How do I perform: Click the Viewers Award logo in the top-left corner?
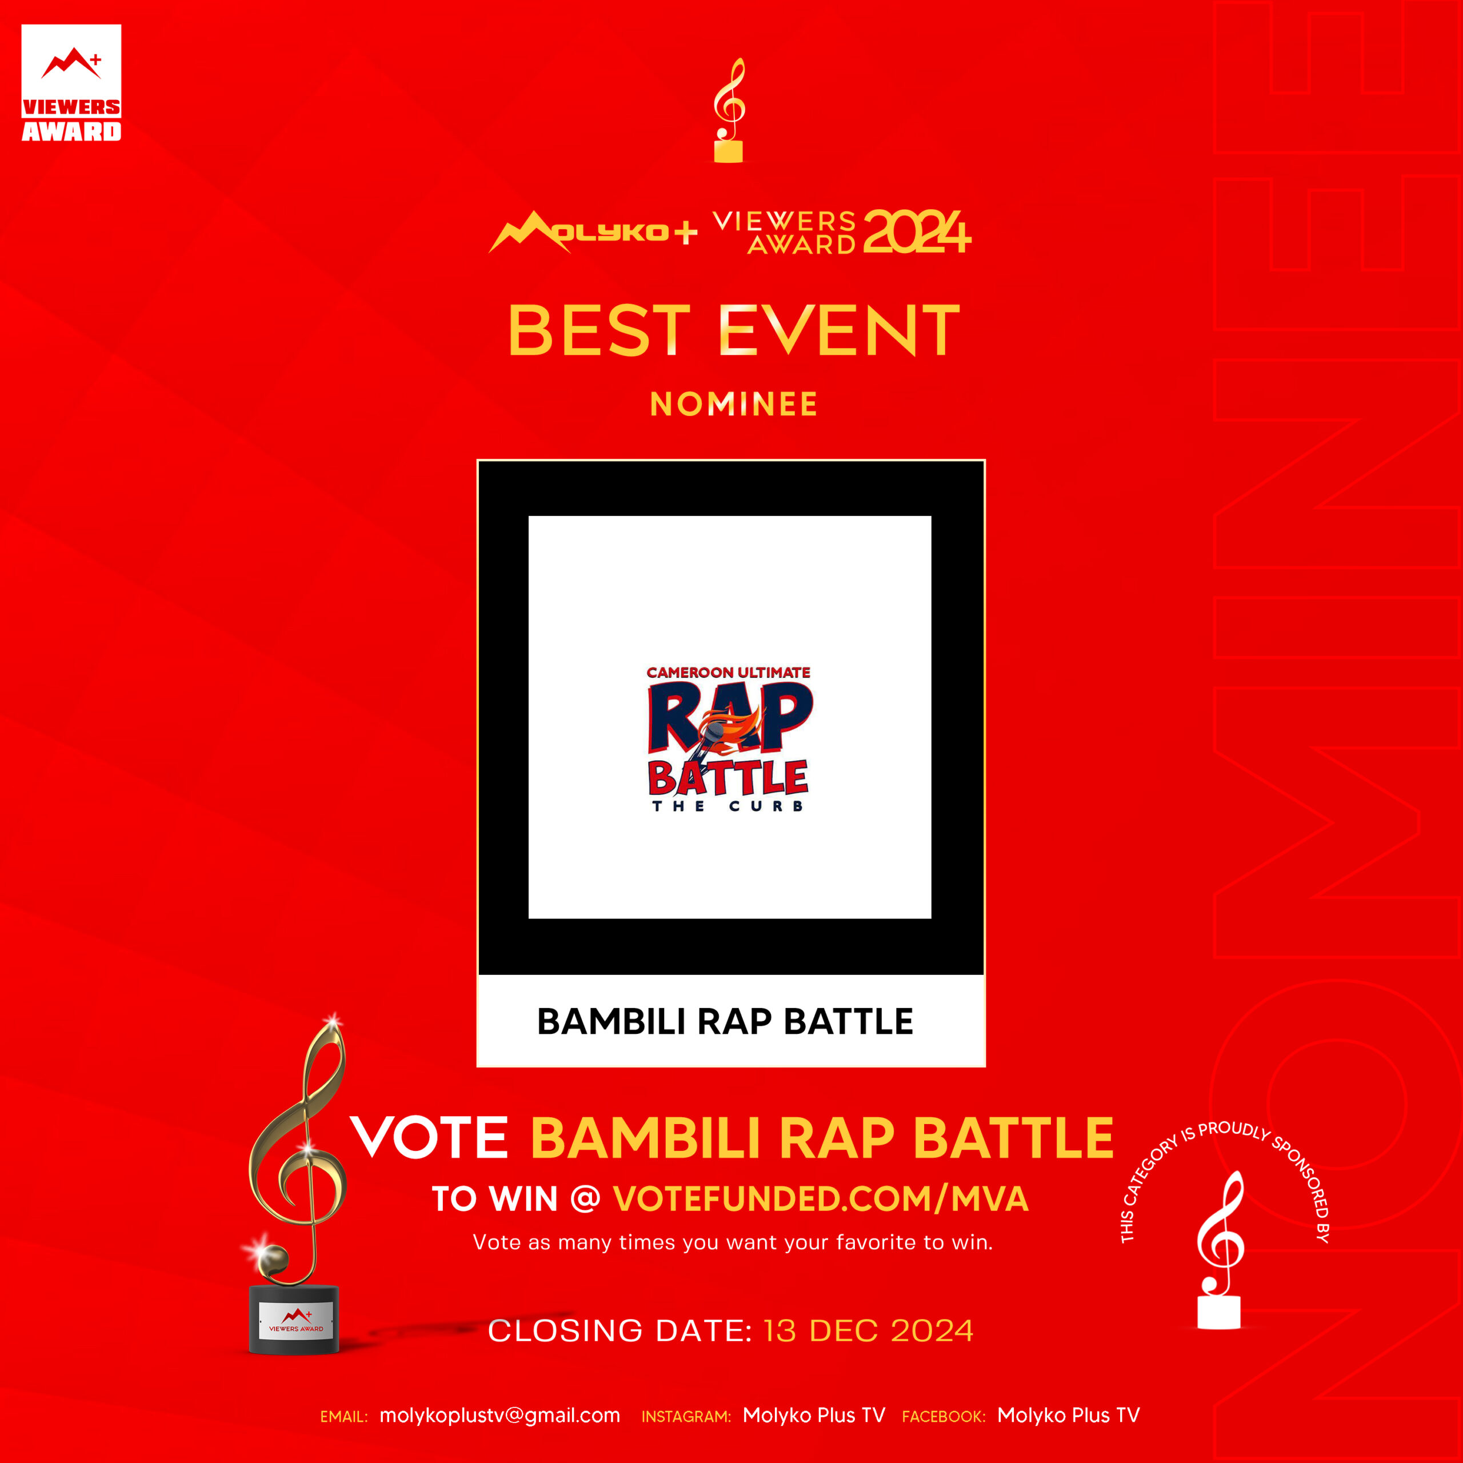pos(71,83)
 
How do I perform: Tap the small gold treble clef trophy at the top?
pos(729,110)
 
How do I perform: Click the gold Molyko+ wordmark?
pos(593,231)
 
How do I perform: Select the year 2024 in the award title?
pos(916,231)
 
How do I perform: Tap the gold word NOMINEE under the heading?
pos(734,405)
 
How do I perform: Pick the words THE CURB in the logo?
pos(727,806)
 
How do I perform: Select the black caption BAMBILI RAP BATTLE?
pos(725,1021)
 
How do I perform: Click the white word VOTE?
pos(429,1137)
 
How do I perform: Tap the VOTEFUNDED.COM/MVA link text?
pos(821,1200)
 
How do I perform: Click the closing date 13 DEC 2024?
pos(869,1331)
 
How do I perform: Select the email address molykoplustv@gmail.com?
pos(500,1416)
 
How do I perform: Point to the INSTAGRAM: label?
pos(686,1417)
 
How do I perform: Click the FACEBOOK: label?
pos(944,1417)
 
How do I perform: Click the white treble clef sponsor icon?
pos(1218,1251)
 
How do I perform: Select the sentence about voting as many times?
pos(732,1242)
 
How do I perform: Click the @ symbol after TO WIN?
pos(585,1200)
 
